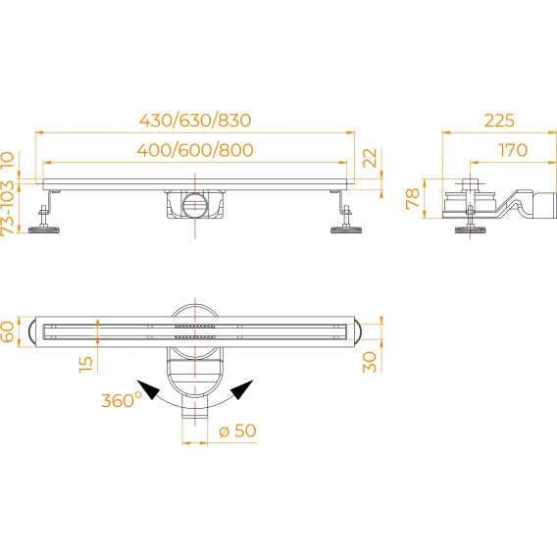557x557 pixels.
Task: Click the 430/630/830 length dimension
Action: [x=195, y=121]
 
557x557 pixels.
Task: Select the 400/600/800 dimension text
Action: [x=195, y=150]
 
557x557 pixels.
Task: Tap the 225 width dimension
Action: [x=499, y=121]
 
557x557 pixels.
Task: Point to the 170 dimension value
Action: [x=513, y=150]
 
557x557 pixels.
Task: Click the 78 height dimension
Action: [x=413, y=198]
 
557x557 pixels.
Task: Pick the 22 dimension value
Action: [x=370, y=158]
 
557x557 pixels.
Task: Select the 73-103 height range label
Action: [x=8, y=208]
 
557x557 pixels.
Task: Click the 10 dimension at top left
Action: [x=8, y=160]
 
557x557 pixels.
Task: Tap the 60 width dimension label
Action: [x=8, y=331]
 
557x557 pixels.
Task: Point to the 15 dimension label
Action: [x=85, y=364]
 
